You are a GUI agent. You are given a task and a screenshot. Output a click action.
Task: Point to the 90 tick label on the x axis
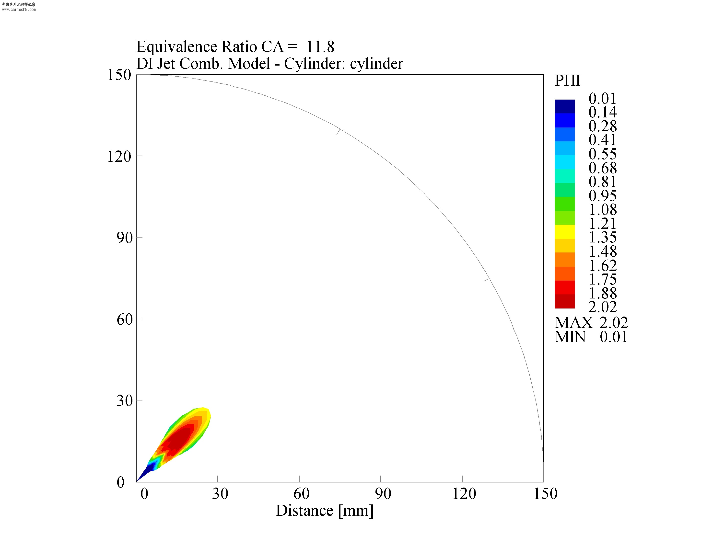coord(383,494)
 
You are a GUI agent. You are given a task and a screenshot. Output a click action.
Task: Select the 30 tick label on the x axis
coord(220,494)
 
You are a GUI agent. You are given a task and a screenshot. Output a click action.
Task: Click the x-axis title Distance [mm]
coord(325,510)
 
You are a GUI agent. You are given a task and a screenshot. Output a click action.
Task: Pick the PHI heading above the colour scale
coord(567,80)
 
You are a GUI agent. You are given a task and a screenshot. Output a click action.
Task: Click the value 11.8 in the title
coord(320,47)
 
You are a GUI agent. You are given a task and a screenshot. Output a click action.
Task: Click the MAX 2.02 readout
coord(591,322)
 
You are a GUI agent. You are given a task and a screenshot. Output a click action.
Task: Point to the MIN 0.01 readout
coord(591,337)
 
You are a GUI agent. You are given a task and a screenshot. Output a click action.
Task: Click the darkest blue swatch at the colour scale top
coord(565,106)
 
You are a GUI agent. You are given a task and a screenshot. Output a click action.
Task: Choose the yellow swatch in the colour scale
coord(565,232)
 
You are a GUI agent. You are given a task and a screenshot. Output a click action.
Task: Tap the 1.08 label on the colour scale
coord(602,209)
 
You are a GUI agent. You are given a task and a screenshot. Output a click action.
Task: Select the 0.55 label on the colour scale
coord(602,154)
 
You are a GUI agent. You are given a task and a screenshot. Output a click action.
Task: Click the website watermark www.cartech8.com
coord(19,10)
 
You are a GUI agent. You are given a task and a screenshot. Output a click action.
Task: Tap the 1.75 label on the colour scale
coord(602,279)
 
